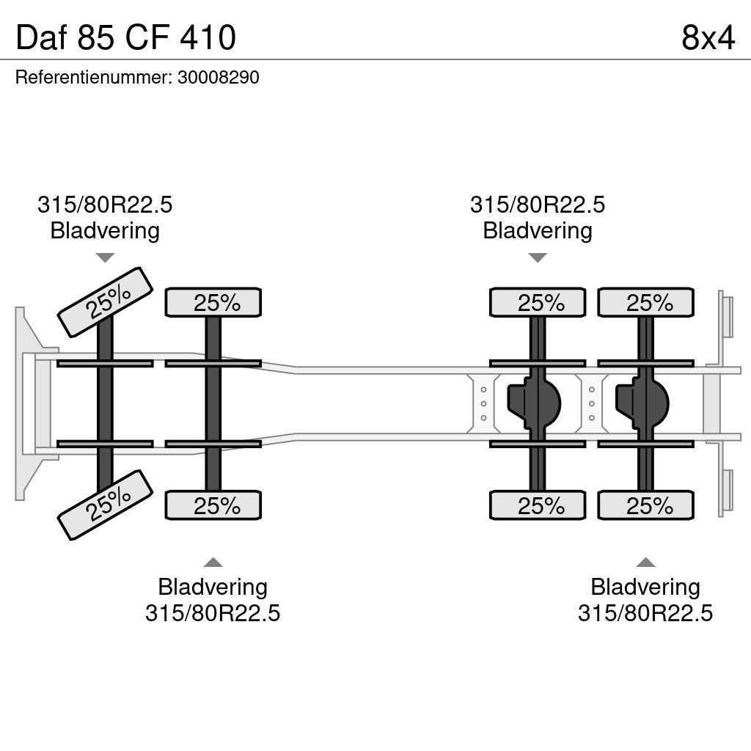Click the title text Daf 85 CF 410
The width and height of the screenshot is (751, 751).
[x=125, y=37]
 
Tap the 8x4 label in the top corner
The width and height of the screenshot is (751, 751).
[x=707, y=37]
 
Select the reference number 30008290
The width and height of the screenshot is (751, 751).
[x=218, y=78]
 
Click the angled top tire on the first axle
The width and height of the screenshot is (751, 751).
[x=105, y=302]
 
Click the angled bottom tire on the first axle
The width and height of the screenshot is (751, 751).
[x=105, y=505]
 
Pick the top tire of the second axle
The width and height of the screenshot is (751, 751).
[x=213, y=302]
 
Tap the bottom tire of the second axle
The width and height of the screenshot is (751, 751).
[x=213, y=505]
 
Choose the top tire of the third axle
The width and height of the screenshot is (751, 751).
[x=538, y=302]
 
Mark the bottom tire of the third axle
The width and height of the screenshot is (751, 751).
[x=538, y=505]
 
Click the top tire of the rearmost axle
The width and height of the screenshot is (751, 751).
[x=645, y=302]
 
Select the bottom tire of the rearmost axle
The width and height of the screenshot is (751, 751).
[x=645, y=505]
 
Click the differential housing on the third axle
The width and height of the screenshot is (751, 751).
[x=534, y=403]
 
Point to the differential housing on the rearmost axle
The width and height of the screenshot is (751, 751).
[x=642, y=403]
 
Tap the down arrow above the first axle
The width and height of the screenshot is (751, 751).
[x=105, y=257]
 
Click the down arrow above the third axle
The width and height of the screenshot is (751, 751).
[x=538, y=257]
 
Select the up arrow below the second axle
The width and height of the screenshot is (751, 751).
[x=213, y=563]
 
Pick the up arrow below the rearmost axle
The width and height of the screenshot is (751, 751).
[x=645, y=563]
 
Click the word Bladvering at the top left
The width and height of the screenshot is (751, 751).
[x=105, y=230]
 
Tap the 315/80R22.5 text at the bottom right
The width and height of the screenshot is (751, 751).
[x=645, y=612]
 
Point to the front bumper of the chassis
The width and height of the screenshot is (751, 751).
[x=28, y=403]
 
